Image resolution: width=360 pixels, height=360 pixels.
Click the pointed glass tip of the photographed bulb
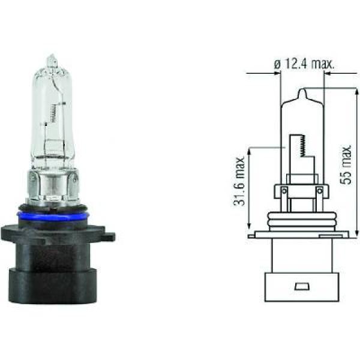[52, 60]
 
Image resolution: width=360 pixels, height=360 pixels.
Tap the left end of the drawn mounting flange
[252, 236]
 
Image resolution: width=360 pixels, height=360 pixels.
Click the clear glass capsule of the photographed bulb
[51, 120]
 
